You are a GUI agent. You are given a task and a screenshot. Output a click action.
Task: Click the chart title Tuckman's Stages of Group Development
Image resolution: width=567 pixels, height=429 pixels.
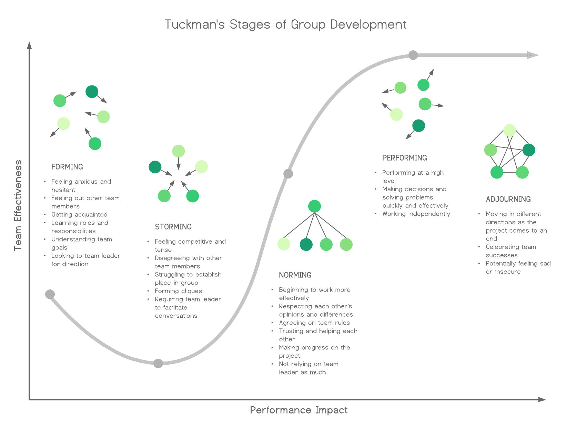(285, 24)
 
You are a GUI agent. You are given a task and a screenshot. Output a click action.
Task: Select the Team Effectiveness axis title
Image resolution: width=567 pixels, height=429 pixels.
(18, 205)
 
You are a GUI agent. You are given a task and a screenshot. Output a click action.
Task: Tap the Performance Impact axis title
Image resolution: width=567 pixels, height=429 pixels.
(298, 410)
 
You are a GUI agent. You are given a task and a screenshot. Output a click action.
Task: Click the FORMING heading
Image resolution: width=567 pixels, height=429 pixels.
(67, 167)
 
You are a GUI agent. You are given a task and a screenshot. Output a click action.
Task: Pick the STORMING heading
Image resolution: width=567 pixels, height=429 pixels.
(173, 227)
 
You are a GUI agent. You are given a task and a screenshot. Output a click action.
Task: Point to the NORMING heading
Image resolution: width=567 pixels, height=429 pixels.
(295, 275)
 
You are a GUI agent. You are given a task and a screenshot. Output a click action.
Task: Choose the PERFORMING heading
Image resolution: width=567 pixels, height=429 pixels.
(404, 158)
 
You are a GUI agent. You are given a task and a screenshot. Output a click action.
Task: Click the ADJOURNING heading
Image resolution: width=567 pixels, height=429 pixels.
(508, 199)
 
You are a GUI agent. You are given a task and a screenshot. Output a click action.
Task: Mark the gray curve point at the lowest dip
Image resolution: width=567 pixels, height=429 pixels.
(158, 363)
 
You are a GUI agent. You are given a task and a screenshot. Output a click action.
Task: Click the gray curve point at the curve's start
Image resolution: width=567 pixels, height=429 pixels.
(50, 294)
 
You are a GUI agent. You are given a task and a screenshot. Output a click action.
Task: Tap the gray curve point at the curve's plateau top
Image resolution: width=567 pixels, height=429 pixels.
(413, 55)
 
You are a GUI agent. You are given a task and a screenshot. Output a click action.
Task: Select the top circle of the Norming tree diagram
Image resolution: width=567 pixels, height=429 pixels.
(314, 206)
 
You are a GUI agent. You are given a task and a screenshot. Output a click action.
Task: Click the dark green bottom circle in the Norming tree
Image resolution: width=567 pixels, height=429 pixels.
(306, 245)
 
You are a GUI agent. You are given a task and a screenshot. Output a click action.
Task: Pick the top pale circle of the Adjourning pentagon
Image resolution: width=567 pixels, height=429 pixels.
(509, 131)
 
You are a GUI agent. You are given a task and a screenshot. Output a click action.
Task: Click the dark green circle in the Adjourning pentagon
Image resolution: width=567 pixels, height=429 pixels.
(529, 150)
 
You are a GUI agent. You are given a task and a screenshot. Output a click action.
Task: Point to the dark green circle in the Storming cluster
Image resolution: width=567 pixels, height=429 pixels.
(155, 167)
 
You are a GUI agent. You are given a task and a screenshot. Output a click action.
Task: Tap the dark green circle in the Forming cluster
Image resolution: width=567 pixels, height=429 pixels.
(92, 92)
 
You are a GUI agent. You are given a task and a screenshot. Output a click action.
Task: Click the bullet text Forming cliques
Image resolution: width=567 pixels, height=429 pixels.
(178, 291)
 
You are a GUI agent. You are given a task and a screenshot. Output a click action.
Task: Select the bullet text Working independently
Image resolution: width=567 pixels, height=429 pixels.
(416, 214)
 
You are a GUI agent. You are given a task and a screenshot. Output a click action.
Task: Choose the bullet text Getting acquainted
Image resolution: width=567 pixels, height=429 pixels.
(79, 215)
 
